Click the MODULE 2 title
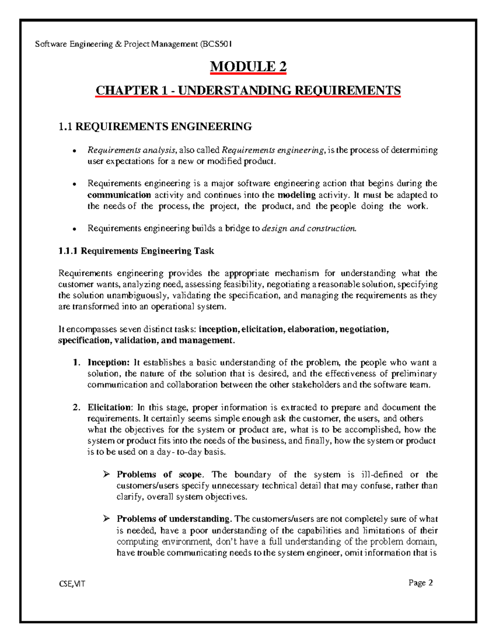[248, 67]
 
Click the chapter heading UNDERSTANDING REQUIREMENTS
[248, 90]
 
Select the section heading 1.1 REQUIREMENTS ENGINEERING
[155, 126]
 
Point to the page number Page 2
[420, 583]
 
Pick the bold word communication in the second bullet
[119, 195]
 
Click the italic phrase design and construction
[309, 228]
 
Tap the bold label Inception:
[109, 363]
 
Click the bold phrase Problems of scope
[159, 475]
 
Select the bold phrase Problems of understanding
[173, 519]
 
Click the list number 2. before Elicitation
[76, 408]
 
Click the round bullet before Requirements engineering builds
[74, 229]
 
